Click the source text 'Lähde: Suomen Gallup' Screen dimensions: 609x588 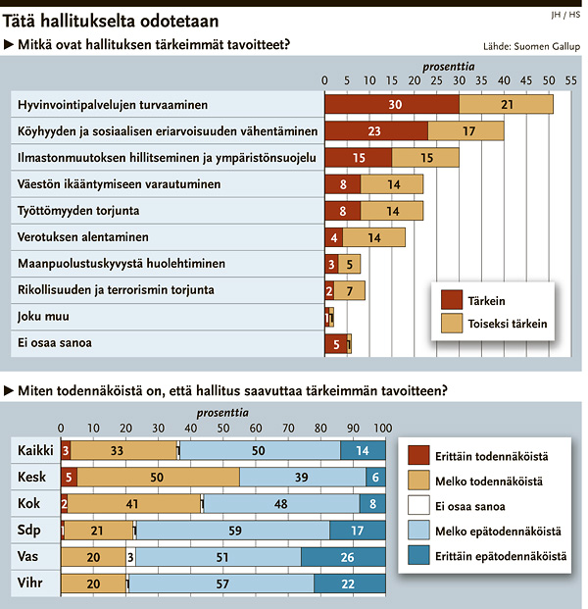tap(531, 46)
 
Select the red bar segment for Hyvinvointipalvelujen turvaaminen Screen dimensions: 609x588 tap(392, 104)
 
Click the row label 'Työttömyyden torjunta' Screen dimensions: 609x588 tap(78, 211)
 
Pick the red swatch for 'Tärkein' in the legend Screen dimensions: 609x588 tap(452, 300)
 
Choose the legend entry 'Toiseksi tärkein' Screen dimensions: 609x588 tap(508, 324)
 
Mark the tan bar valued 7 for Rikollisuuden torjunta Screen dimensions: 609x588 tap(350, 290)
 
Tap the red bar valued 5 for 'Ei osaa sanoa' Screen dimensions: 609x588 tap(336, 343)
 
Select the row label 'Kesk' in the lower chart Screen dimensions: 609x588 tap(33, 477)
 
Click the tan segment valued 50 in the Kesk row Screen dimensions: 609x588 tap(158, 477)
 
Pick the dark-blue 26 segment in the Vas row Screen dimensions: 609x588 tap(343, 557)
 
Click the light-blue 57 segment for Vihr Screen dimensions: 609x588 tap(220, 584)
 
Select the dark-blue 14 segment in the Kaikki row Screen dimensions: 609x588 tap(363, 450)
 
